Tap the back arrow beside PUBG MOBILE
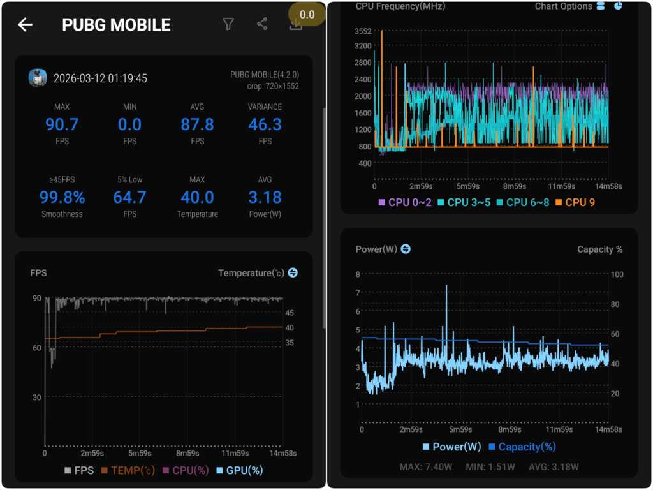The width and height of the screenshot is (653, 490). pyautogui.click(x=25, y=25)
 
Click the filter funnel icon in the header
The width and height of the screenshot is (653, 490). pyautogui.click(x=228, y=24)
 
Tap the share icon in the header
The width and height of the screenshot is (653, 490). pyautogui.click(x=262, y=24)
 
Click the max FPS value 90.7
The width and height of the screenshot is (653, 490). pyautogui.click(x=62, y=124)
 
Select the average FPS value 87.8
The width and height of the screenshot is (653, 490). pyautogui.click(x=197, y=124)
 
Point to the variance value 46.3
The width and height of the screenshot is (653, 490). pyautogui.click(x=265, y=124)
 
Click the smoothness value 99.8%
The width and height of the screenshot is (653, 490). pyautogui.click(x=62, y=197)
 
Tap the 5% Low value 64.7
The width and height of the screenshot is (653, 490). pyautogui.click(x=129, y=197)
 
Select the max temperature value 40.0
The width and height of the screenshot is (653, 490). pyautogui.click(x=197, y=197)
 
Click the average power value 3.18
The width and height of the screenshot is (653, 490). pyautogui.click(x=265, y=197)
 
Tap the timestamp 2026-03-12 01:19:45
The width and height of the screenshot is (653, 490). pyautogui.click(x=100, y=78)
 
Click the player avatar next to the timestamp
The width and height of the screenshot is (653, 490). pyautogui.click(x=38, y=78)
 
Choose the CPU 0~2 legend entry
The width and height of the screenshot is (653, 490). pyautogui.click(x=406, y=203)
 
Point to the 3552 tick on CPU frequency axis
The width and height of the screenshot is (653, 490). pyautogui.click(x=363, y=31)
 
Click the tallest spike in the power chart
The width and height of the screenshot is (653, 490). pyautogui.click(x=446, y=287)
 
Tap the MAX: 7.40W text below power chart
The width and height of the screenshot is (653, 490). pyautogui.click(x=426, y=467)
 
